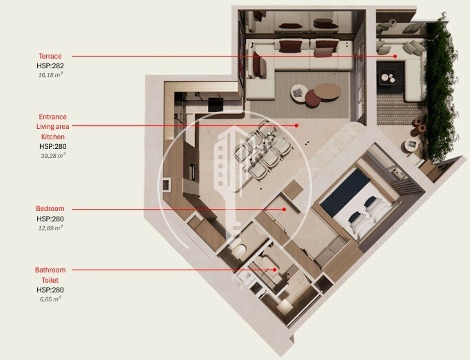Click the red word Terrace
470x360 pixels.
pyautogui.click(x=50, y=56)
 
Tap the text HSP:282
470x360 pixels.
pyautogui.click(x=50, y=66)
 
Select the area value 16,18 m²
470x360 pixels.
pyautogui.click(x=50, y=75)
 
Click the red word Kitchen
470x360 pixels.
pyautogui.click(x=53, y=137)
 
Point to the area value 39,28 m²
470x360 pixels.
pyautogui.click(x=53, y=156)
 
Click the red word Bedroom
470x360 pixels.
pyautogui.click(x=50, y=208)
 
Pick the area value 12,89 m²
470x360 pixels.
pyautogui.click(x=50, y=228)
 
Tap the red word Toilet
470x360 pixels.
pyautogui.click(x=50, y=280)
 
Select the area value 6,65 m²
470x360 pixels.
pyautogui.click(x=50, y=299)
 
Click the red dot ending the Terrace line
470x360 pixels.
pyautogui.click(x=395, y=56)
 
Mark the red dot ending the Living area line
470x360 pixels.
pyautogui.click(x=296, y=126)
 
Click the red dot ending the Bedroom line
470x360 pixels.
pyautogui.click(x=284, y=209)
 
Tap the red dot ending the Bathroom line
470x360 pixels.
pyautogui.click(x=274, y=270)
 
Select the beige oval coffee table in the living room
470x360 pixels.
pyautogui.click(x=327, y=91)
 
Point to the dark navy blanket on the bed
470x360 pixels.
pyautogui.click(x=345, y=192)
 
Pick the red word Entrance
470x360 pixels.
pyautogui.click(x=53, y=117)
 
